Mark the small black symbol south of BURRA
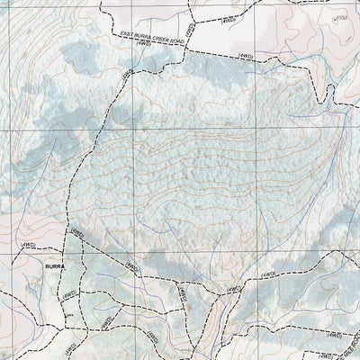click(65, 316)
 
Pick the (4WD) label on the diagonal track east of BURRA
click(133, 266)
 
